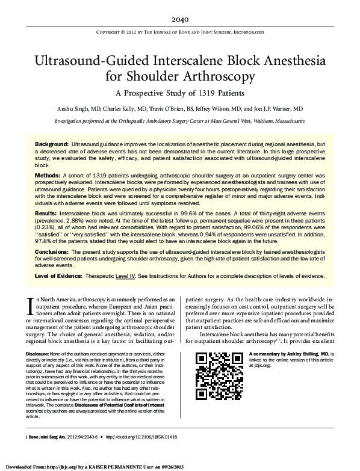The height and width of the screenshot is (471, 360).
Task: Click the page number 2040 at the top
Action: [x=179, y=18]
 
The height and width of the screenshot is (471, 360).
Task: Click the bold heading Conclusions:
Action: [x=54, y=251]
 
